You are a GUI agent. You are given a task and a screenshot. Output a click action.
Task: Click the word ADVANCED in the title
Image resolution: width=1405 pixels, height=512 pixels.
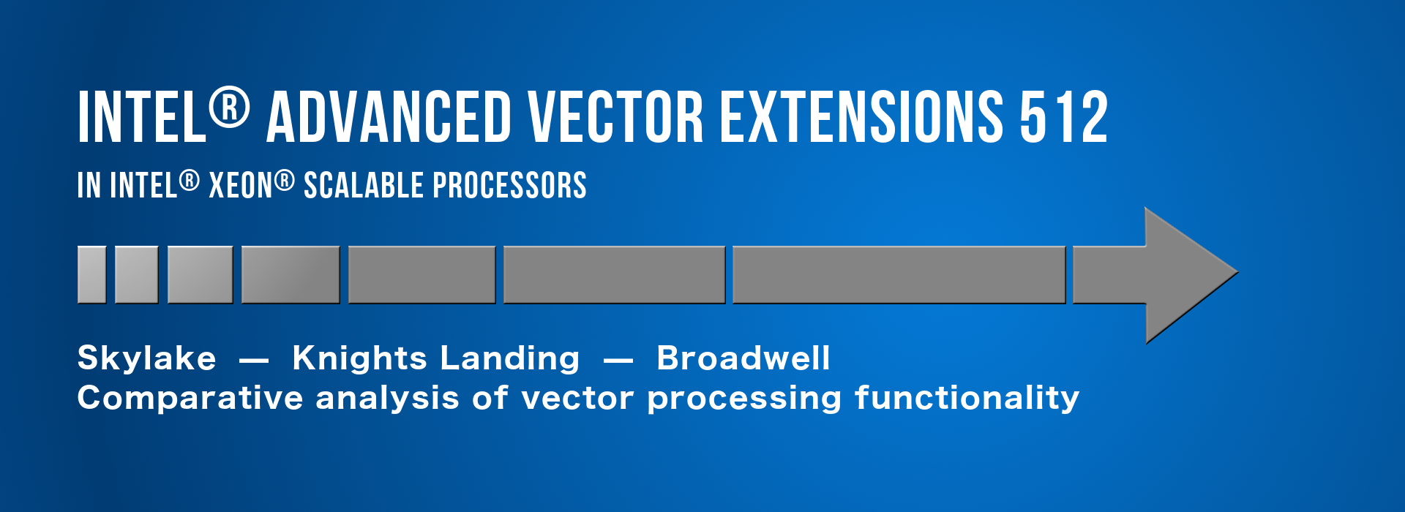389,117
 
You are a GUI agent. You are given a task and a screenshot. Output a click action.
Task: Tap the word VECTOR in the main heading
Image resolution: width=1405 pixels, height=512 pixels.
615,117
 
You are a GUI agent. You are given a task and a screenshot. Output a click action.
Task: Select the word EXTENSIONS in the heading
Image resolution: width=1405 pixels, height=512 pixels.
862,117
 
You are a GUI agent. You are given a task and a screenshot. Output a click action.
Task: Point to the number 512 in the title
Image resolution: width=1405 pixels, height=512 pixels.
1064,117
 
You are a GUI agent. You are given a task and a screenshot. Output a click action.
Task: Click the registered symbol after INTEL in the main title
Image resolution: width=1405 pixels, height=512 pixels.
229,108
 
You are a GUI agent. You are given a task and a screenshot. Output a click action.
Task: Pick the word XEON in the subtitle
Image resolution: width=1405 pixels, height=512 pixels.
241,185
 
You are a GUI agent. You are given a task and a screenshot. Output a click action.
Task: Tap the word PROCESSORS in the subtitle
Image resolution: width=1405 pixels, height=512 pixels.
510,185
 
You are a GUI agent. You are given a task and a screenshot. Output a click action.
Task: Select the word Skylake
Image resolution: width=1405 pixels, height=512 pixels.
147,358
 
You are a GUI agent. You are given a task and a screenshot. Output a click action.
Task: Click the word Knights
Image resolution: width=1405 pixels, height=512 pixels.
359,358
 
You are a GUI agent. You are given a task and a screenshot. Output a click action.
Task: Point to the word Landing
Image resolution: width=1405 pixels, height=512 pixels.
510,358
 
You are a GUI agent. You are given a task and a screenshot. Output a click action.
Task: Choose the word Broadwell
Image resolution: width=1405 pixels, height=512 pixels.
743,358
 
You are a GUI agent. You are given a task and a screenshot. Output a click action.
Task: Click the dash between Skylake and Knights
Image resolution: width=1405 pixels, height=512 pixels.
254,360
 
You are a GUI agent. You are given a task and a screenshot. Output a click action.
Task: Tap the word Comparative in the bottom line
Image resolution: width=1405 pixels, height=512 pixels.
190,399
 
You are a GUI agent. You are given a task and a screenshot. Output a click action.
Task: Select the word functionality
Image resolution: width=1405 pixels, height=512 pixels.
967,398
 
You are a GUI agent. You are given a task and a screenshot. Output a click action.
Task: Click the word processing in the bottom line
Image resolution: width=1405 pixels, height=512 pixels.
745,399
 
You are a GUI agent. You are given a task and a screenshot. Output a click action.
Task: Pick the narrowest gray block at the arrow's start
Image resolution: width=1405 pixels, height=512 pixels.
92,275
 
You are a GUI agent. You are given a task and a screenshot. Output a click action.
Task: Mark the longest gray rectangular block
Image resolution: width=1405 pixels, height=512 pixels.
899,275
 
